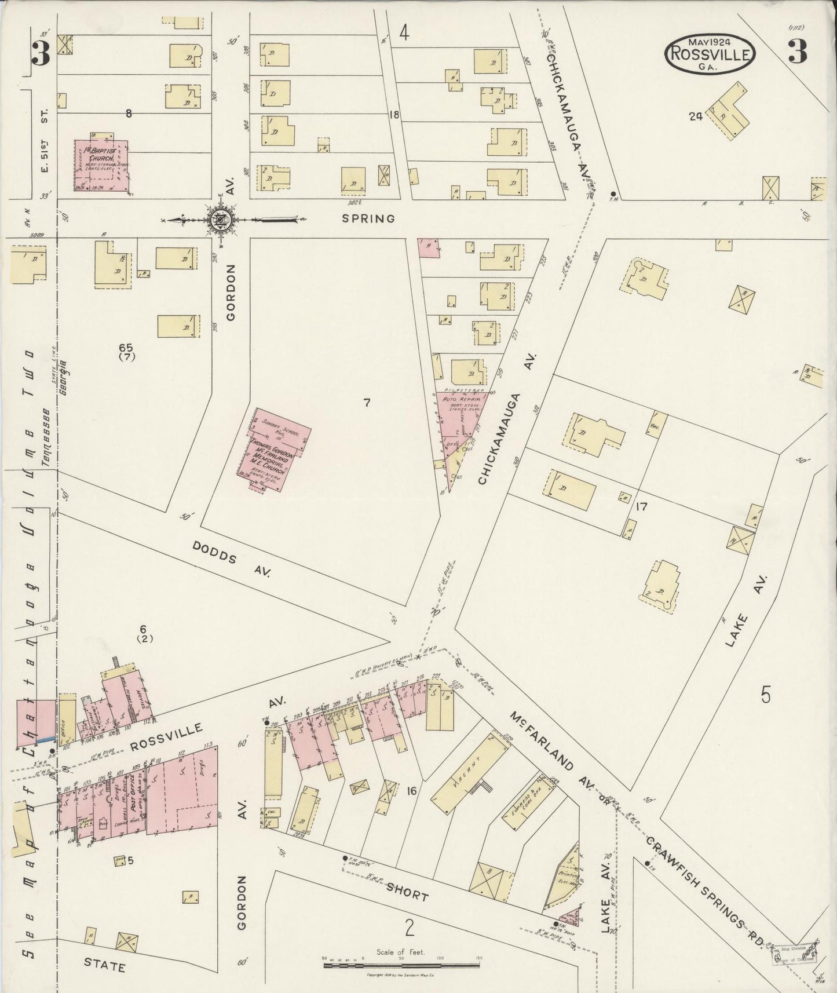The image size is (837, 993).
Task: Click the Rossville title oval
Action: (x=710, y=54)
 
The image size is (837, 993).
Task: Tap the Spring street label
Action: (x=368, y=218)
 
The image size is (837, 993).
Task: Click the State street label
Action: (x=104, y=966)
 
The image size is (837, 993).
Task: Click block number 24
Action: (x=695, y=116)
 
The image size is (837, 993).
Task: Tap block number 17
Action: (x=641, y=507)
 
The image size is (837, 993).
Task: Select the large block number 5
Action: (x=766, y=695)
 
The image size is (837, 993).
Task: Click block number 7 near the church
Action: (x=366, y=403)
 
